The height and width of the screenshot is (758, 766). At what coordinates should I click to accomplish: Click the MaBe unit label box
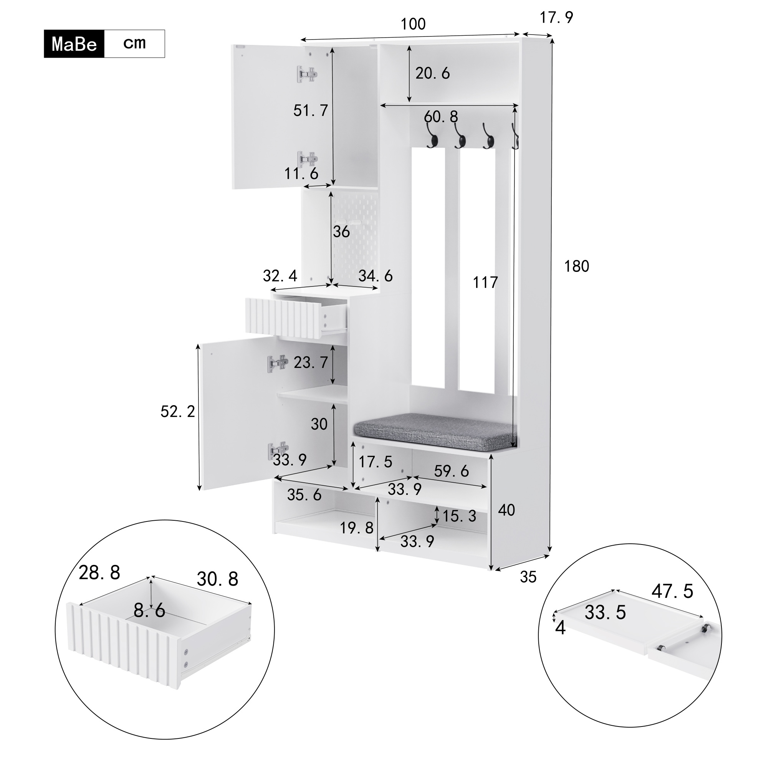(x=74, y=44)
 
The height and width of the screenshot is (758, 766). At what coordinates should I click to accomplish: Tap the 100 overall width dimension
(x=413, y=24)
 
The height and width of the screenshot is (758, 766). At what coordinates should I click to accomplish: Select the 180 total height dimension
(x=576, y=266)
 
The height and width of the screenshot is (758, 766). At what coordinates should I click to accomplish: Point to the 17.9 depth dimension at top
(x=556, y=17)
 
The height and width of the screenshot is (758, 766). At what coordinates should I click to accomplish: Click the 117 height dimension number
(x=485, y=283)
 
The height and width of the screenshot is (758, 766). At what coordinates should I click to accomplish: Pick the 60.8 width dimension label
(x=441, y=117)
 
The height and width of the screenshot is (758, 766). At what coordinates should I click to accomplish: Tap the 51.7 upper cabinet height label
(x=311, y=111)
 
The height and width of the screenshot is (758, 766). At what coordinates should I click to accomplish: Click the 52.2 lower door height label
(x=178, y=412)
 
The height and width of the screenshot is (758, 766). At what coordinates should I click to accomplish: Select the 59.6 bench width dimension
(x=452, y=471)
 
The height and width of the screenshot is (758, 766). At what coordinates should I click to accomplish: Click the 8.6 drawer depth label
(x=149, y=611)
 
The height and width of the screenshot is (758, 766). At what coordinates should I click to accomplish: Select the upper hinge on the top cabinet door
(x=307, y=74)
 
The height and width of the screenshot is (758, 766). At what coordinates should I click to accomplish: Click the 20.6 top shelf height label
(x=433, y=73)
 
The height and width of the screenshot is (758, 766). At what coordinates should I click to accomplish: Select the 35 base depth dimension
(x=528, y=577)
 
